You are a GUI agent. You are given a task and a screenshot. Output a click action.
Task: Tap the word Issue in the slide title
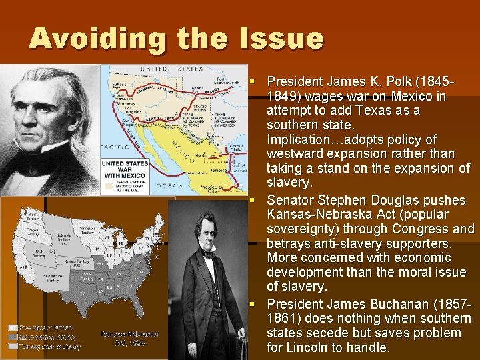(x=284, y=38)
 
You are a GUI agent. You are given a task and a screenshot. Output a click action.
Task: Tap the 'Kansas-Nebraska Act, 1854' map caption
(x=129, y=337)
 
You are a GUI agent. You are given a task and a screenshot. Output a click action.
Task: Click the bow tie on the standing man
(x=209, y=254)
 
